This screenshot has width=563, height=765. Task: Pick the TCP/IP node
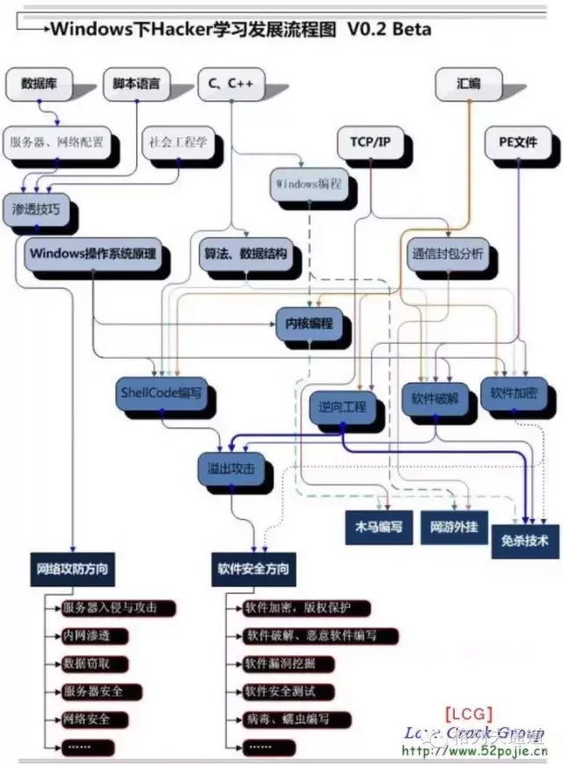click(x=371, y=141)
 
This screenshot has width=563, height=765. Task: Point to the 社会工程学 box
click(x=178, y=141)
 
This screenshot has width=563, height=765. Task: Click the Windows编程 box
click(x=308, y=185)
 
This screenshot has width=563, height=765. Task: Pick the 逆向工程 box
click(x=341, y=407)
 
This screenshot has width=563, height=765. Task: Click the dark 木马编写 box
click(x=378, y=527)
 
